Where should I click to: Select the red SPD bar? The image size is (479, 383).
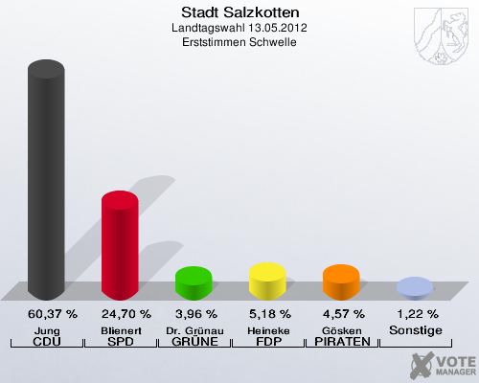120,245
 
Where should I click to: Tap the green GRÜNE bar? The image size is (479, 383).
194,282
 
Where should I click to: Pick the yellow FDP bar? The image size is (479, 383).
267,280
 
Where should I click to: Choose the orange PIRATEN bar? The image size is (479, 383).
341,282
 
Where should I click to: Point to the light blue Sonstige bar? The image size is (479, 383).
415,287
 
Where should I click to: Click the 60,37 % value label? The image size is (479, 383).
46,314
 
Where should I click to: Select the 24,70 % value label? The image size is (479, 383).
120,314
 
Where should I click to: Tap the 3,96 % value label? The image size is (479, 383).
194,314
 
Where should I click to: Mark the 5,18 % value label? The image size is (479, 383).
267,314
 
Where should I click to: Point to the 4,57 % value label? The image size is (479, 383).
341,314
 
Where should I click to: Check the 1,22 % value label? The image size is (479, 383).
415,314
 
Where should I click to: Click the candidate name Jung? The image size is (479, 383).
46,329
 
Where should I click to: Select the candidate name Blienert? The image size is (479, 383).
120,329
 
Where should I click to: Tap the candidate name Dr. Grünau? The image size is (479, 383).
194,329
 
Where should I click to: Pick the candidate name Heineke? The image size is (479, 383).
267,329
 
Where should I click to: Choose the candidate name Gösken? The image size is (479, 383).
341,329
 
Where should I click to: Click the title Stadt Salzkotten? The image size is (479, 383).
239,12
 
